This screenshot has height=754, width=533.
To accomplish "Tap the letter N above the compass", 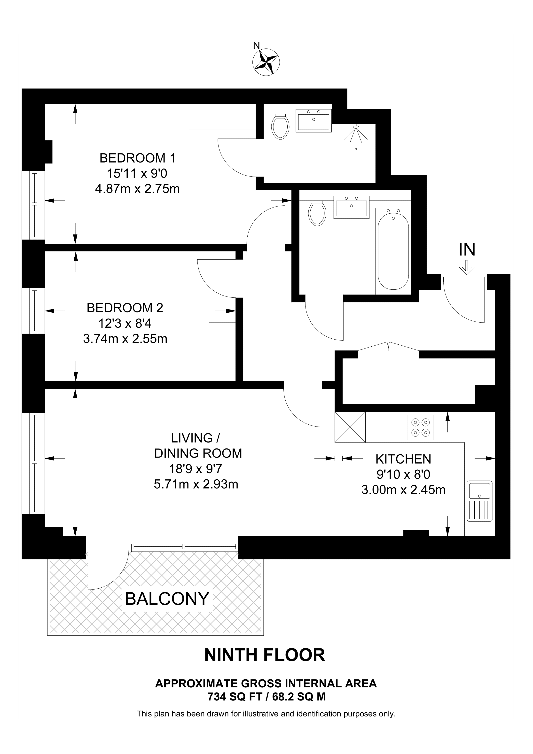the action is (257, 45).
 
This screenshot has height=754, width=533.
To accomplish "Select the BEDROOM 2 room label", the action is (125, 308).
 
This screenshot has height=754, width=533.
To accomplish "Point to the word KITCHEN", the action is (403, 459).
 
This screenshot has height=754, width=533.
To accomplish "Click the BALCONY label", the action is (167, 598).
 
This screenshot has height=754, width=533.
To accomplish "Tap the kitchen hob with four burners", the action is (420, 427).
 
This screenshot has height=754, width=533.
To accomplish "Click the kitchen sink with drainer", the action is (480, 501).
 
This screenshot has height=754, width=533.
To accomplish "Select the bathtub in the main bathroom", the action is (393, 251).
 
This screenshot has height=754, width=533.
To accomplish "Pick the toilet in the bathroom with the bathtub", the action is (317, 213).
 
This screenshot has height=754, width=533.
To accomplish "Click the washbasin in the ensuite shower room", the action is (314, 121).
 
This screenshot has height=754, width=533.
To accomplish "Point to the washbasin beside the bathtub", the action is (351, 207).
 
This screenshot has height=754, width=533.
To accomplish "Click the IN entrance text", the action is (467, 249).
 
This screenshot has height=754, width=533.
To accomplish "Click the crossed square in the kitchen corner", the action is (350, 427).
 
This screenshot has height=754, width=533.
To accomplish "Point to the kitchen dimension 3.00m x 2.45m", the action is (403, 490).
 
